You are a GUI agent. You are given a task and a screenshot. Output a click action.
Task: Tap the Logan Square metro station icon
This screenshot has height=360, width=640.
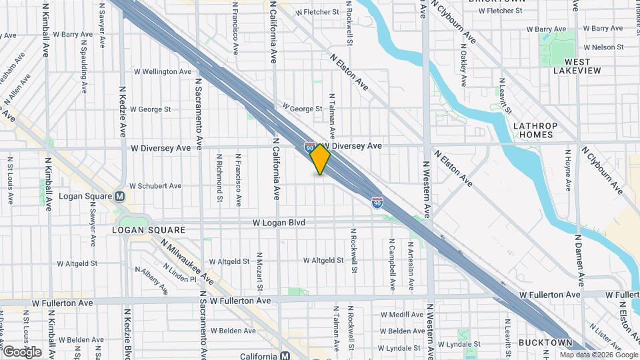pyautogui.click(x=120, y=197)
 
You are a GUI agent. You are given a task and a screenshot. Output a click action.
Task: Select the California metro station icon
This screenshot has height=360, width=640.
pyautogui.click(x=285, y=356)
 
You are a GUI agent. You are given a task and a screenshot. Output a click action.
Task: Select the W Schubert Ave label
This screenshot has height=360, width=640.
pyautogui.click(x=155, y=186)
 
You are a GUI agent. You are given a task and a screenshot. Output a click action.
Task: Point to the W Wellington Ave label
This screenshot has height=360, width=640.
pyautogui.click(x=163, y=71)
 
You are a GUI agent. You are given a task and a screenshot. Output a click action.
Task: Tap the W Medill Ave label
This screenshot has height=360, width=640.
pyautogui.click(x=403, y=314)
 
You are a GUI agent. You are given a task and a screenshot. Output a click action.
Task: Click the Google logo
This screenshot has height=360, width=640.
pyautogui.click(x=22, y=352)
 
